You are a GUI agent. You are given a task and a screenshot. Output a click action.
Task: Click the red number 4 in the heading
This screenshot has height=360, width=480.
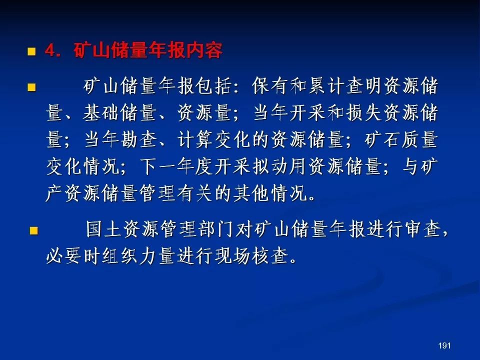coord(50,51)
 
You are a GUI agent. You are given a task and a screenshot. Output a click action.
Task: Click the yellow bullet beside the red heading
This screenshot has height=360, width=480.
coord(31,51)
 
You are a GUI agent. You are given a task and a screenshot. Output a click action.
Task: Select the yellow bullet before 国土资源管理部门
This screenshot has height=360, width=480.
coord(33,230)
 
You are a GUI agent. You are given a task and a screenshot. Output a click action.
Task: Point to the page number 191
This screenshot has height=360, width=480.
coord(444,345)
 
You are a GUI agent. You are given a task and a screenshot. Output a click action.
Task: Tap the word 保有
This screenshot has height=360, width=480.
coord(270,86)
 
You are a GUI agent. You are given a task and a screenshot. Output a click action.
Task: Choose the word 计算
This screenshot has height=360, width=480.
coord(195,140)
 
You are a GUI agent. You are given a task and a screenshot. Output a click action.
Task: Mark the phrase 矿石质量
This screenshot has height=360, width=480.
coord(401,140)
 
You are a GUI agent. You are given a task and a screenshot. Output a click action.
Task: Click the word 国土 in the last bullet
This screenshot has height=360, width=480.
coord(104,229)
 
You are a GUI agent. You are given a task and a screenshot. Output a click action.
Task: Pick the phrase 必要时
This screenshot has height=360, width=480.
coord(74,256)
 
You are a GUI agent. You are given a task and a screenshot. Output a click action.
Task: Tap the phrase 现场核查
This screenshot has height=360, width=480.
coord(251,256)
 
